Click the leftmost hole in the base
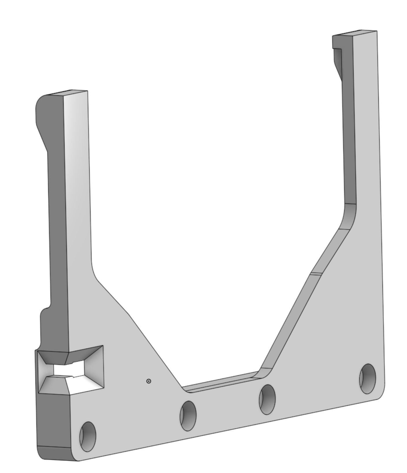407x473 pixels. (88, 436)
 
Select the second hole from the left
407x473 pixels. (188, 416)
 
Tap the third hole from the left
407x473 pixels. (267, 399)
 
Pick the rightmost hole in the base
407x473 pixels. (367, 379)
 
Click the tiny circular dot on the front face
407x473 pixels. (149, 381)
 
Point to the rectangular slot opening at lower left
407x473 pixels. (69, 370)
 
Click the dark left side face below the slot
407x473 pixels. (53, 419)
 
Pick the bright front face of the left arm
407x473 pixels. (76, 202)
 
